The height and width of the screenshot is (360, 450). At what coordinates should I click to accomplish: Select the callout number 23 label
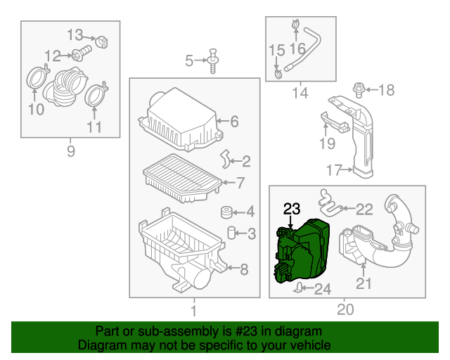[x=292, y=208]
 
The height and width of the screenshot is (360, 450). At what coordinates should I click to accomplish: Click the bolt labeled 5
[x=212, y=61]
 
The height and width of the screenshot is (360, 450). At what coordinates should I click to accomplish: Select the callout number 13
[x=75, y=34]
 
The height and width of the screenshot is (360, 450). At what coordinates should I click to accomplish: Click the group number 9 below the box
[x=70, y=151]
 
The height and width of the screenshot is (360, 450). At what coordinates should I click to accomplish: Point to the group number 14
[x=300, y=92]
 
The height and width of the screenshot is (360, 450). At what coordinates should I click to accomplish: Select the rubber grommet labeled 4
[x=227, y=212]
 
